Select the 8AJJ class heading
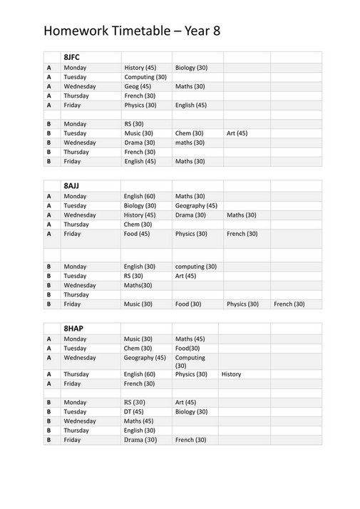tap(73, 184)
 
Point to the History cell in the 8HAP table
tap(231, 374)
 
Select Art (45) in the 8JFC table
tap(237, 133)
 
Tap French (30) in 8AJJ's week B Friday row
tap(289, 304)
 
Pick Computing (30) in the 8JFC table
tap(145, 77)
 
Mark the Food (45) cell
tap(137, 234)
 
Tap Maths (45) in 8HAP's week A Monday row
tap(190, 339)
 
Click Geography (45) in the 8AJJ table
tap(196, 205)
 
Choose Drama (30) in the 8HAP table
tap(140, 440)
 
